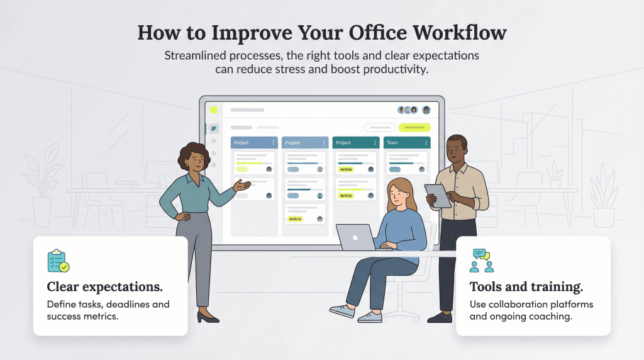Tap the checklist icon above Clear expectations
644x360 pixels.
pos(57,261)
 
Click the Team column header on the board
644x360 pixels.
pos(392,143)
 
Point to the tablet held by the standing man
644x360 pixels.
pos(439,195)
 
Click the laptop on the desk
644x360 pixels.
pos(356,237)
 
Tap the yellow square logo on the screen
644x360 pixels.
pos(213,110)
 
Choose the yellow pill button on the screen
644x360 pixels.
pos(414,127)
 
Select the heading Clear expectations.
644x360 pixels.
pos(105,287)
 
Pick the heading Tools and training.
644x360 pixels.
pos(526,287)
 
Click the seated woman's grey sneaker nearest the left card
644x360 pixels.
pos(341,311)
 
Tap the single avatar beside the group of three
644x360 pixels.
pos(426,110)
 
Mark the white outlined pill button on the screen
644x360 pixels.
pos(379,127)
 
